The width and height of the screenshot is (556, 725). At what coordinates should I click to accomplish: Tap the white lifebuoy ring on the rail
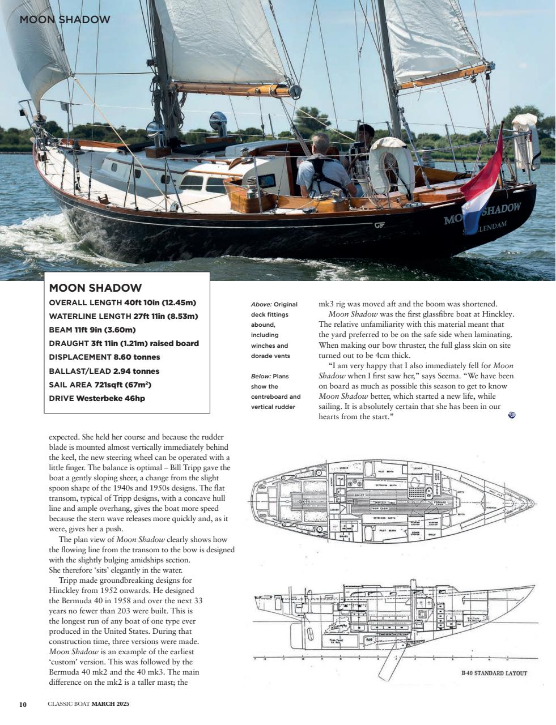coord(391,164)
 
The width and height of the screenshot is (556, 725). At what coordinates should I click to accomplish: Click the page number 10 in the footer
coord(23,704)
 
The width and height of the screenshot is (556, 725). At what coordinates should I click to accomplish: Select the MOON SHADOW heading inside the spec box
coord(95,288)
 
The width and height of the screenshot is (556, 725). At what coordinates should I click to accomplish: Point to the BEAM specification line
coord(92,330)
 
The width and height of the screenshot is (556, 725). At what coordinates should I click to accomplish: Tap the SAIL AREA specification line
coord(100,385)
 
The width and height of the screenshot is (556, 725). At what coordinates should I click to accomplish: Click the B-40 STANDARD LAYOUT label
coord(494,673)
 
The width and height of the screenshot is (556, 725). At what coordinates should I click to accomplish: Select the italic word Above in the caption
coord(261,304)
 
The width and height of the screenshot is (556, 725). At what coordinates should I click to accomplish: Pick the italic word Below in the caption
coord(260,376)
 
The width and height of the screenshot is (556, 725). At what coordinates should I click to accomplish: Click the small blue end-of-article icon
coord(512,415)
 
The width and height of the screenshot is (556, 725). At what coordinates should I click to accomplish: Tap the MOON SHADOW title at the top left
coord(65,20)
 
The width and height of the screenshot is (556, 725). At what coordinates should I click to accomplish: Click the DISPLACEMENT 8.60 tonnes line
coord(104,357)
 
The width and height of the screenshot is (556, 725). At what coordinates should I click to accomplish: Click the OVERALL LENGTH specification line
coord(122,302)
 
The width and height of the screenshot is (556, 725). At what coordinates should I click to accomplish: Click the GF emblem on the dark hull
coord(379,225)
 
